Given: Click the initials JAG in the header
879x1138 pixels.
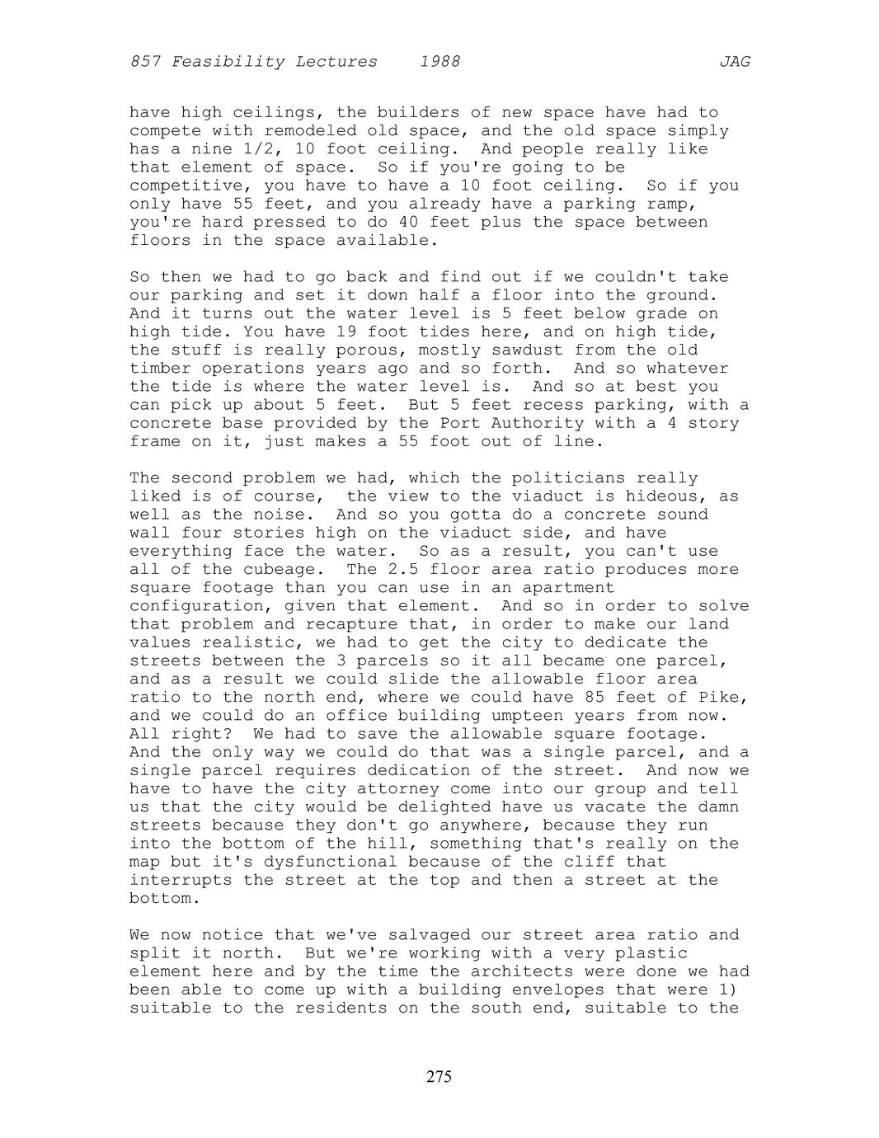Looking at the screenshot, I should tap(734, 62).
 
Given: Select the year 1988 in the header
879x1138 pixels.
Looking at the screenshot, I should tap(439, 62).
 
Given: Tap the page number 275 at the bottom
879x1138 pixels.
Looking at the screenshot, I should tap(439, 1076).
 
